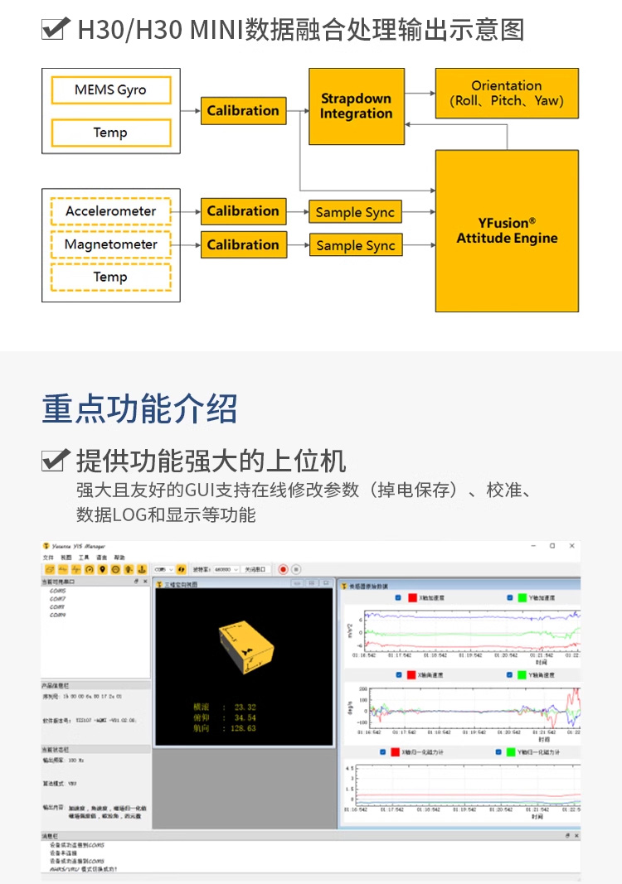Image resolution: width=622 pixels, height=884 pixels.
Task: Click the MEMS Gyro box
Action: pyautogui.click(x=110, y=90)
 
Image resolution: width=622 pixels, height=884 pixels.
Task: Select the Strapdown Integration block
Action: pyautogui.click(x=356, y=106)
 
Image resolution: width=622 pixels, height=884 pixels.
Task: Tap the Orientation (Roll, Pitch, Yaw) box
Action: pyautogui.click(x=506, y=94)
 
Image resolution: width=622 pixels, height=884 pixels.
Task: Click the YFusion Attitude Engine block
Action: pyautogui.click(x=507, y=230)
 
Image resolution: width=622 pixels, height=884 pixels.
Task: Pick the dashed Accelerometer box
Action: pyautogui.click(x=110, y=211)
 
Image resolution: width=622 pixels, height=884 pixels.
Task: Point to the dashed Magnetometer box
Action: pyautogui.click(x=110, y=244)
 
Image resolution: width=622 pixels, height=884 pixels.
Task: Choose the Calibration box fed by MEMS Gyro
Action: pyautogui.click(x=243, y=111)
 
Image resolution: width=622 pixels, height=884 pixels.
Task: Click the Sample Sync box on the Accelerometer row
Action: pyautogui.click(x=355, y=212)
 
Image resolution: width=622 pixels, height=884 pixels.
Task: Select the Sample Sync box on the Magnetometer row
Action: pyautogui.click(x=355, y=245)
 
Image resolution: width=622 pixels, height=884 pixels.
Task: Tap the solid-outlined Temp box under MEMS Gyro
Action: pyautogui.click(x=110, y=133)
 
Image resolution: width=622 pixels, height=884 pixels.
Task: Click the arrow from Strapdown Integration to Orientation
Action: pyautogui.click(x=419, y=94)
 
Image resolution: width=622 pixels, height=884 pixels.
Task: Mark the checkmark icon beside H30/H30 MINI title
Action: pyautogui.click(x=55, y=31)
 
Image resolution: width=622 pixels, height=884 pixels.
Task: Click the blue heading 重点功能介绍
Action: pyautogui.click(x=139, y=408)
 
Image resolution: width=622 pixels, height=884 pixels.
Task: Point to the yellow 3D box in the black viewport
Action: pyautogui.click(x=244, y=646)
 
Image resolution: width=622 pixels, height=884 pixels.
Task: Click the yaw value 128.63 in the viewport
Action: pyautogui.click(x=245, y=728)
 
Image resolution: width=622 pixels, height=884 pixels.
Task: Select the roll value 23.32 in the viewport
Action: pyautogui.click(x=245, y=707)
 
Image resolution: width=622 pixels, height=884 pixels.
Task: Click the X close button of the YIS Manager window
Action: pyautogui.click(x=571, y=546)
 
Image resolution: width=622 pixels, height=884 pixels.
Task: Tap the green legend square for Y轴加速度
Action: pyautogui.click(x=522, y=598)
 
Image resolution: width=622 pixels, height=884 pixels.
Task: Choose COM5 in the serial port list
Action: pyautogui.click(x=58, y=591)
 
